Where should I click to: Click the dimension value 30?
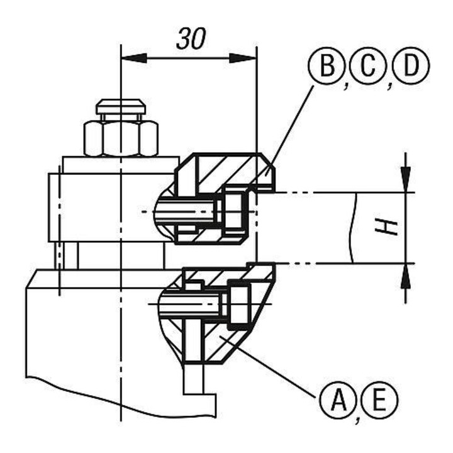[x=191, y=38]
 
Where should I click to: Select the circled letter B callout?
[x=327, y=66]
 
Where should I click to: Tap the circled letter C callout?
[x=368, y=66]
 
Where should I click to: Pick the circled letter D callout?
[x=411, y=66]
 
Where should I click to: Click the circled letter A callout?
[x=338, y=400]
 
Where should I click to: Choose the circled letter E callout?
[x=379, y=400]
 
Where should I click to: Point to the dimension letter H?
[x=386, y=227]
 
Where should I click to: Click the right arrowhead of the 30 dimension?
[x=243, y=57]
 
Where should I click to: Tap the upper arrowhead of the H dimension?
[x=406, y=179]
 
